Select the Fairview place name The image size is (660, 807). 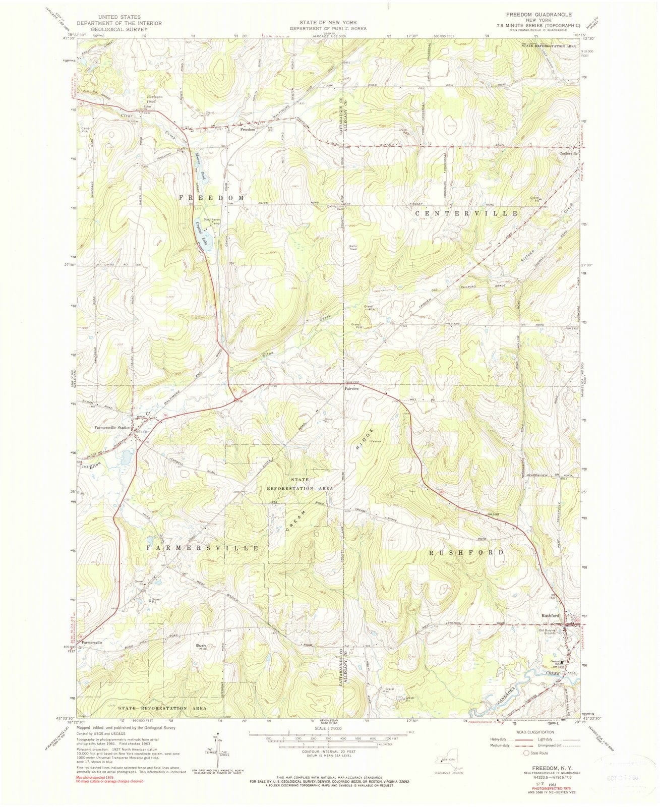pyautogui.click(x=351, y=389)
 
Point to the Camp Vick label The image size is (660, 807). pyautogui.click(x=85, y=130)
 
